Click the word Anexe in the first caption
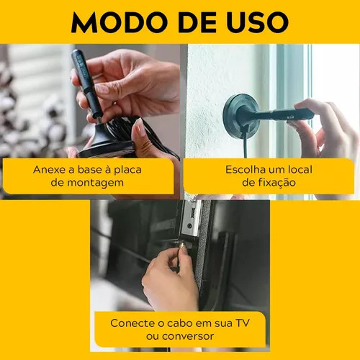(x=49, y=170)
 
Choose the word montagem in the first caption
(x=95, y=183)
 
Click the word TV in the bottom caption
(x=243, y=323)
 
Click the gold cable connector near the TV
(x=181, y=246)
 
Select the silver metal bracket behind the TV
(x=192, y=217)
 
